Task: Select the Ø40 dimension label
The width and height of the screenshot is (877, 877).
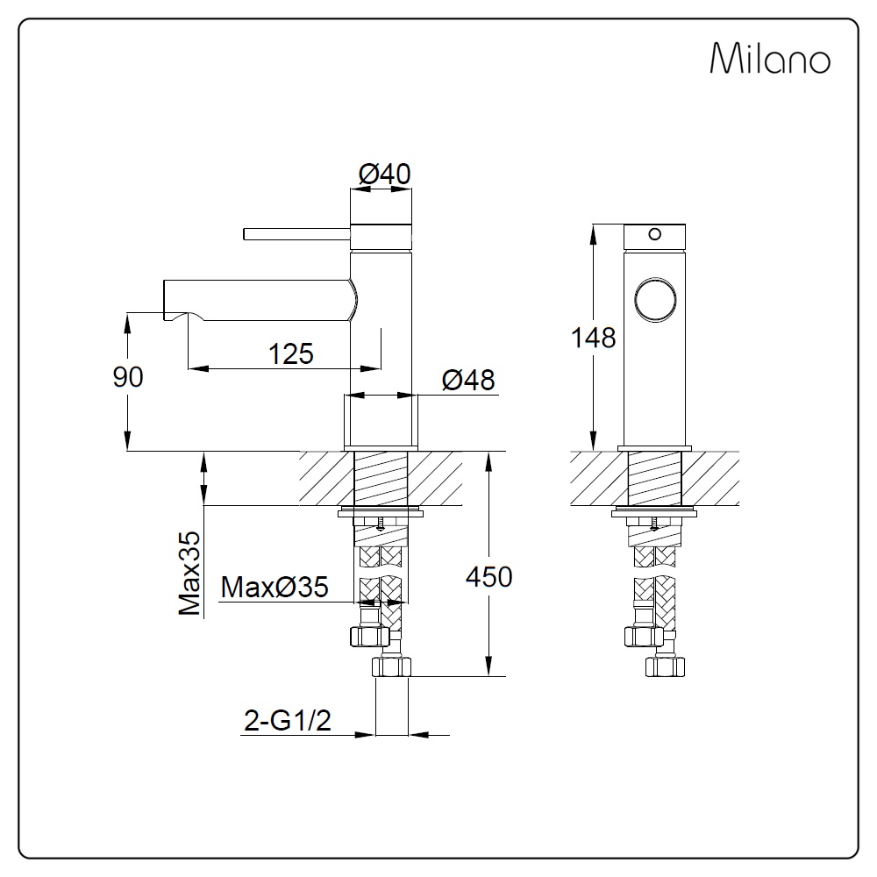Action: click(x=384, y=174)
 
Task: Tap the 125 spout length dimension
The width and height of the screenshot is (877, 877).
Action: click(x=291, y=353)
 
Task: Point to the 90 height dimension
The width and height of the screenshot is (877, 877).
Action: click(x=128, y=377)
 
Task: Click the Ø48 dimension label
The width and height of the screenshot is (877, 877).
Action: click(x=468, y=381)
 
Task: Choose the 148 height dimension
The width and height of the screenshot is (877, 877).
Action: click(x=593, y=338)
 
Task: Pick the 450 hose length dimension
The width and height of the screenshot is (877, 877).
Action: click(x=488, y=577)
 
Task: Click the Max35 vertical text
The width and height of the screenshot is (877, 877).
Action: click(x=189, y=574)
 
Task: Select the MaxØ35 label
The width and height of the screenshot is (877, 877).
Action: click(x=275, y=587)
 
